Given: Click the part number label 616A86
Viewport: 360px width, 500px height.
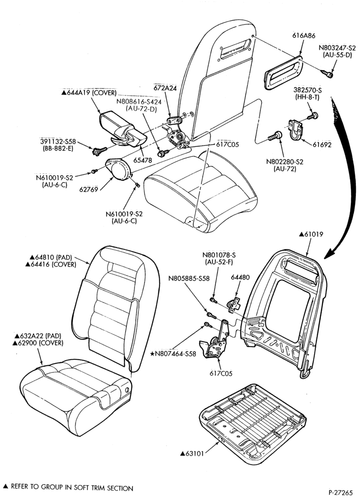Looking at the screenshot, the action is coord(303,36).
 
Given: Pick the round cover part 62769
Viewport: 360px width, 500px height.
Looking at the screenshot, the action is coord(118,169).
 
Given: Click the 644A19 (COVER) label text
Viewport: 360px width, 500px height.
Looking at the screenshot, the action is coord(89,93).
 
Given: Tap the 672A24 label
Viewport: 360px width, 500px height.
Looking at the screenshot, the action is coord(165,88).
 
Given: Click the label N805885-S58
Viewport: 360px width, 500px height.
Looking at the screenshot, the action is coord(189,278).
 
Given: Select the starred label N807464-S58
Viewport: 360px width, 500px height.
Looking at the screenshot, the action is coord(173,353).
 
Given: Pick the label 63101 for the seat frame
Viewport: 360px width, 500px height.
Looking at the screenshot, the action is coord(192,453).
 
